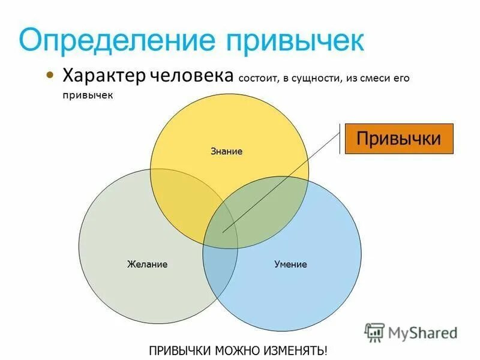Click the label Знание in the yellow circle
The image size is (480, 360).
coord(226,151)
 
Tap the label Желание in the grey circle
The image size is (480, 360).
coord(147,264)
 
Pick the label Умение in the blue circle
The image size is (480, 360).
coord(290,264)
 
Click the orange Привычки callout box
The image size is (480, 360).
coord(398,139)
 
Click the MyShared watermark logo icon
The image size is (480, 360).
coord(374,332)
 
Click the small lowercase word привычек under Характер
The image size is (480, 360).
coord(88,95)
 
